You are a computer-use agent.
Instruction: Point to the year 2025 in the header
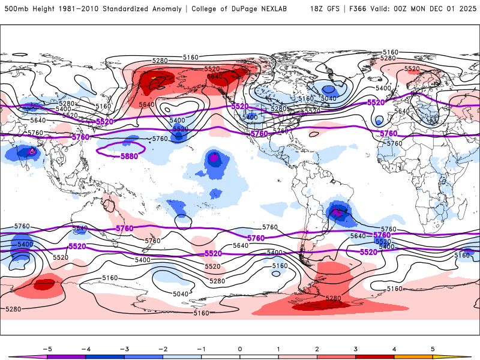pyautogui.click(x=466, y=9)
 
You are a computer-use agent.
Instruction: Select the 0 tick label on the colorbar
pyautogui.click(x=239, y=348)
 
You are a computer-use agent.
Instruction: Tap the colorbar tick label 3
pyautogui.click(x=355, y=348)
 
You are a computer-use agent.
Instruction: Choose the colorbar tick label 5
pyautogui.click(x=433, y=348)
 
